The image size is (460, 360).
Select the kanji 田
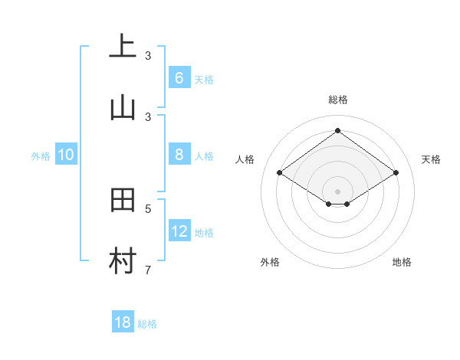tap(123, 200)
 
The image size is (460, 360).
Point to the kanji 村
tap(123, 261)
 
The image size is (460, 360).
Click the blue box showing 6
tap(179, 78)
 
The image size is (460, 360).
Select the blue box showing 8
tap(179, 155)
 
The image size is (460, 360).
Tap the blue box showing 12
tap(179, 231)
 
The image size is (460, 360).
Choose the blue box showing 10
tap(66, 155)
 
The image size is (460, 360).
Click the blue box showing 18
tap(123, 322)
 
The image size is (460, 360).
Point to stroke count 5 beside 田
tap(148, 208)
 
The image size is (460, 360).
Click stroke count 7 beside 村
tap(148, 270)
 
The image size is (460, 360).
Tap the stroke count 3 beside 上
tap(148, 56)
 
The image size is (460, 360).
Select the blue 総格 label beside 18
tap(147, 324)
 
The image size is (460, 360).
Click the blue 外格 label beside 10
tap(41, 156)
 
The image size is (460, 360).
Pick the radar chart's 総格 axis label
tap(338, 100)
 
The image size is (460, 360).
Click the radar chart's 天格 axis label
tap(431, 159)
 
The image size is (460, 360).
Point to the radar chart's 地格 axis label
tap(402, 262)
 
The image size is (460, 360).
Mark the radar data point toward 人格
tap(280, 173)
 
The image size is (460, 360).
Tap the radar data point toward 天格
tap(396, 173)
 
